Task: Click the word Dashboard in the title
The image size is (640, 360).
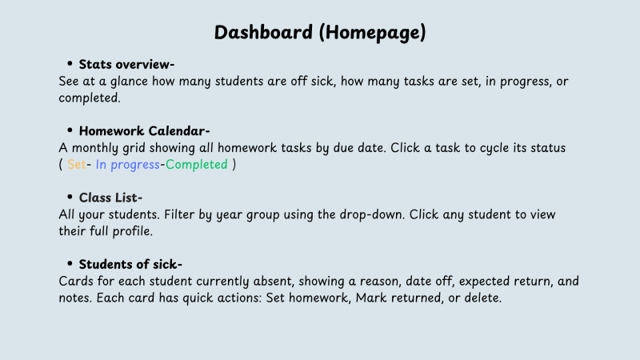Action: coord(263,32)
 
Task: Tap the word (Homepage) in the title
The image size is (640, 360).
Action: coord(372,33)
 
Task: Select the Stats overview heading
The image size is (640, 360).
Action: coord(126,64)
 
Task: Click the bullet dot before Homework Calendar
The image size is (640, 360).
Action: coord(70,130)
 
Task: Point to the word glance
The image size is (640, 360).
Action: coord(129,82)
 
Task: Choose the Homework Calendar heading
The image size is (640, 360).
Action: coord(144,130)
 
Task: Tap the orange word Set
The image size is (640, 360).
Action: coord(76,165)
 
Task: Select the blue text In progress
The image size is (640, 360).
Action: coord(128,165)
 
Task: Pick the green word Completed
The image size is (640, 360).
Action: coord(196,165)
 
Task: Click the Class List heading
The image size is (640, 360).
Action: coord(110,198)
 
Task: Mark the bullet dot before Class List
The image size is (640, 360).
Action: coord(70,197)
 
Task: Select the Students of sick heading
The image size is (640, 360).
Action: coord(130,264)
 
